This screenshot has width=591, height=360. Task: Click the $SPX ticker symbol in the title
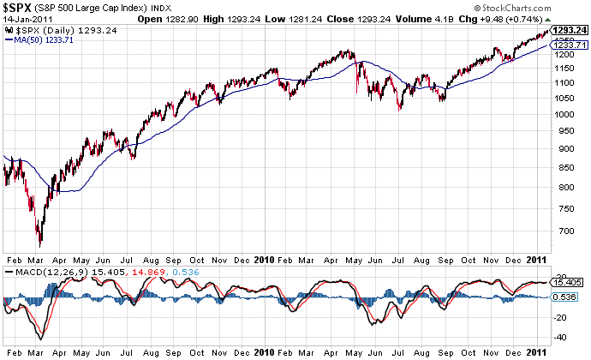[20, 8]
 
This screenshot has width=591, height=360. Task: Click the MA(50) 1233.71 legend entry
[44, 39]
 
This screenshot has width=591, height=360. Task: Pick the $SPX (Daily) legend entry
[59, 30]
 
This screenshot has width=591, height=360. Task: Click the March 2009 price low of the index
[39, 246]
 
